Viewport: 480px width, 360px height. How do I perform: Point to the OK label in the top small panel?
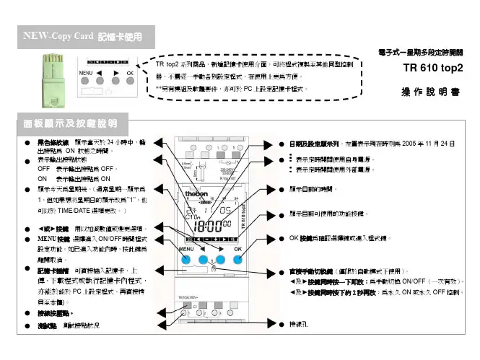[129, 74]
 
